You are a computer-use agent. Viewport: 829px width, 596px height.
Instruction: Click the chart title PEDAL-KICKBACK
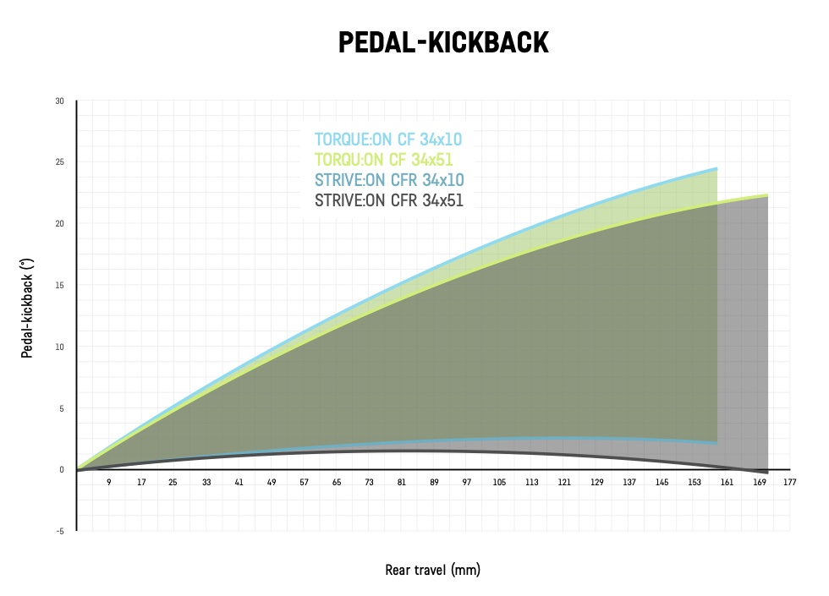pos(443,43)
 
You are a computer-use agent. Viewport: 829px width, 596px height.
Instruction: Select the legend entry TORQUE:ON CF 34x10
pos(388,139)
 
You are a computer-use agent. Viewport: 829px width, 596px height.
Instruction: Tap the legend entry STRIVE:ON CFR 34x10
pos(389,180)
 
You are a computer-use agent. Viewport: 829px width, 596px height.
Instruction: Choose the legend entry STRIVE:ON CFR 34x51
pos(389,201)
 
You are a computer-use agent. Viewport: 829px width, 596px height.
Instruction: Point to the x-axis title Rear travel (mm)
pos(432,570)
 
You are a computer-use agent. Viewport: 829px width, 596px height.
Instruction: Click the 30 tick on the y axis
pos(59,101)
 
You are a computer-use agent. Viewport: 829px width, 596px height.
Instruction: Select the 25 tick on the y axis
pos(59,162)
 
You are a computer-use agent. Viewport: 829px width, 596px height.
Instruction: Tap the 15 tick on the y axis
pos(59,285)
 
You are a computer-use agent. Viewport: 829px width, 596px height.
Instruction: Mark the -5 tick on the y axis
pos(59,531)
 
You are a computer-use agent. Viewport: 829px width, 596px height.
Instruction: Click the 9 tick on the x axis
pos(108,483)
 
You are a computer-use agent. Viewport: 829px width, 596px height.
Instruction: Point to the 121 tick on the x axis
pos(563,483)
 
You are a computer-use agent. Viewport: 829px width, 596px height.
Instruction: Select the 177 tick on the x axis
pos(790,483)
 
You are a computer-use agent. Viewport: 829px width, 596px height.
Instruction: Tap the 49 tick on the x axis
pos(272,483)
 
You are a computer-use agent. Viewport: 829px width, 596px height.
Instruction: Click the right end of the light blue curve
pos(716,169)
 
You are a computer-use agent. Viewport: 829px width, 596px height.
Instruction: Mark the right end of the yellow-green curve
pos(767,195)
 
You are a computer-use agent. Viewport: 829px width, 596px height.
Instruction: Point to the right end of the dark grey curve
pos(767,472)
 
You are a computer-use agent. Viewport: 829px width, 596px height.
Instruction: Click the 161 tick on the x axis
pos(726,483)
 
